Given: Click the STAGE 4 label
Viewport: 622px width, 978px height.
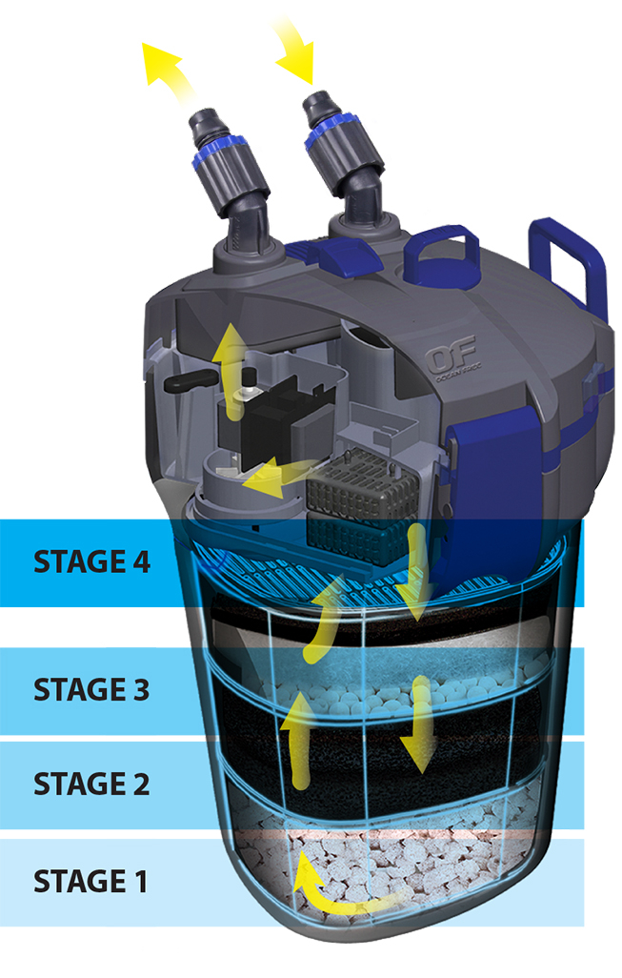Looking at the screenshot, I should tap(91, 561).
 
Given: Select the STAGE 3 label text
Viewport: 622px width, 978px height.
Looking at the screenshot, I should tap(91, 690).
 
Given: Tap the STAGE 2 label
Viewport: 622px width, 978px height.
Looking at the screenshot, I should tap(91, 784).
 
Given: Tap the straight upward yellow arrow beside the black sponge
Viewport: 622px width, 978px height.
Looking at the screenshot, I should tap(299, 739).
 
